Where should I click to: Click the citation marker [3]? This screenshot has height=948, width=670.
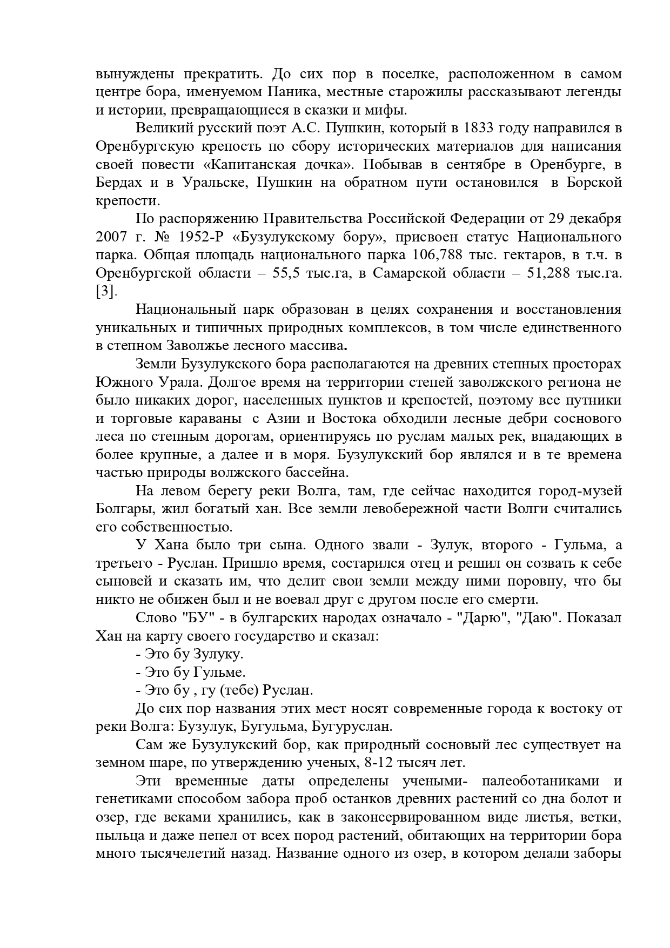(105, 292)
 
